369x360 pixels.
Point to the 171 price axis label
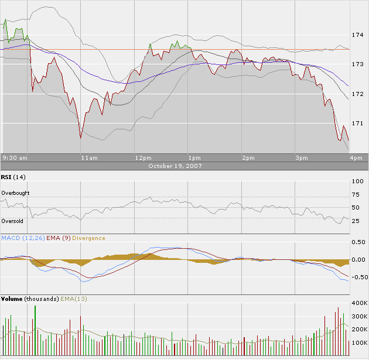click(x=357, y=124)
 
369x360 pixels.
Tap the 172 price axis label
click(x=357, y=94)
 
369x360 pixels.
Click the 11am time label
click(x=89, y=158)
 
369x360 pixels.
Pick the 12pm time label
click(x=143, y=158)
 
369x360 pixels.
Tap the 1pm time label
click(x=194, y=158)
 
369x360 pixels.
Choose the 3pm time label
click(x=301, y=158)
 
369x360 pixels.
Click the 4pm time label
click(x=356, y=158)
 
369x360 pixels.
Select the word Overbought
click(x=15, y=193)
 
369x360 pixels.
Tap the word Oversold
click(x=12, y=221)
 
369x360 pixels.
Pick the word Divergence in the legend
click(x=89, y=238)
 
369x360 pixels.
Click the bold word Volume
click(x=12, y=299)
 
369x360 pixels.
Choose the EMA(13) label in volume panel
click(x=73, y=299)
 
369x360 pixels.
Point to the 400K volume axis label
click(x=358, y=304)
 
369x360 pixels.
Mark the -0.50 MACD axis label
click(x=357, y=277)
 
